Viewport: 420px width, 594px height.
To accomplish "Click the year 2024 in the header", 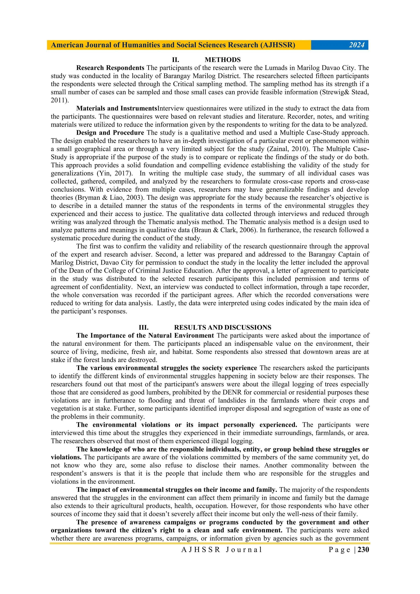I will click(357, 45).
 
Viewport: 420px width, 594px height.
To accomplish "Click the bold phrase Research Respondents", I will click(110, 68).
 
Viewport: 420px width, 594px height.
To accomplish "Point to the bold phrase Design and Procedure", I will click(110, 133).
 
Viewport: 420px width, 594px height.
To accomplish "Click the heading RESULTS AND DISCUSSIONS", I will click(223, 327).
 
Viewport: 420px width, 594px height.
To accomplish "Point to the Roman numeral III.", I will click(144, 327).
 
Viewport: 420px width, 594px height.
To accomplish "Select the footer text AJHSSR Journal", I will click(221, 550).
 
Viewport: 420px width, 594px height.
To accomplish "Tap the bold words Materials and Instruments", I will click(116, 108).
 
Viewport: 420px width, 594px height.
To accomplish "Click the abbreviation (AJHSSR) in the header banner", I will click(278, 45).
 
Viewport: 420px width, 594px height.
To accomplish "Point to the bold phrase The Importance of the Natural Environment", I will click(145, 336).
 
